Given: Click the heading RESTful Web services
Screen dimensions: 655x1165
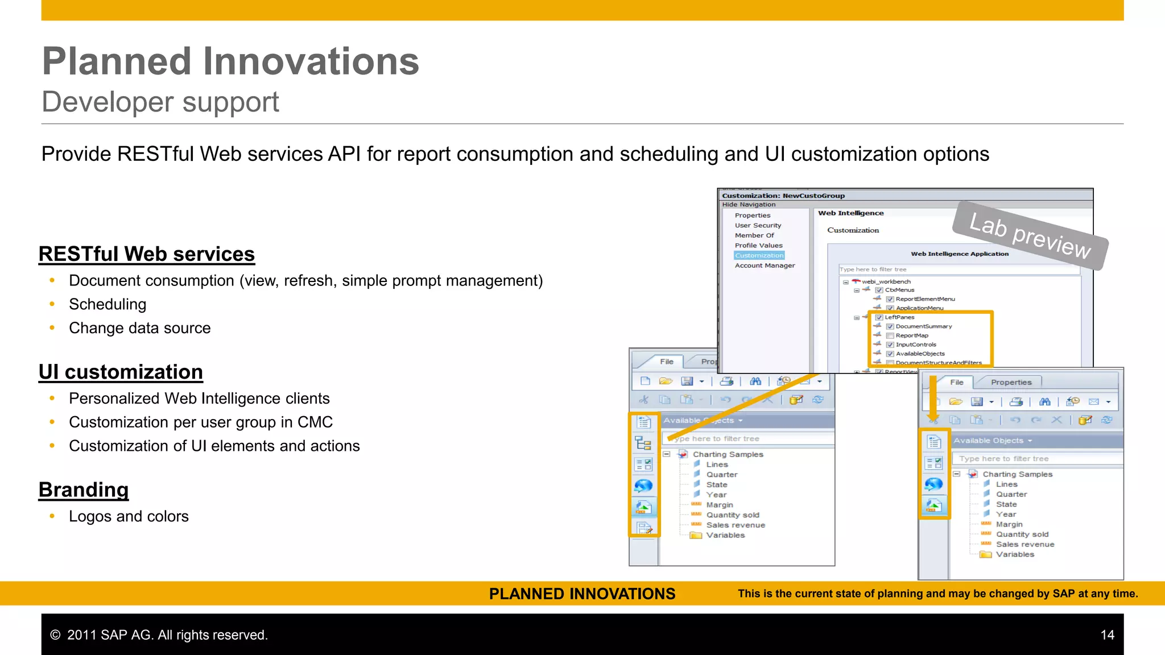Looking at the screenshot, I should [146, 254].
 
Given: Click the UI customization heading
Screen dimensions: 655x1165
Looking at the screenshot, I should [121, 372].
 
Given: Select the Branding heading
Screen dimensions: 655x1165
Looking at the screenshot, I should [84, 490].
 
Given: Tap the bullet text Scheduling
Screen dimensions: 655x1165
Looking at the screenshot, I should [108, 304].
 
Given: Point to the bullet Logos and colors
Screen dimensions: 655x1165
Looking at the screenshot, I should [129, 516].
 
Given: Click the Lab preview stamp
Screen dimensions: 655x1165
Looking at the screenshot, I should [1030, 235].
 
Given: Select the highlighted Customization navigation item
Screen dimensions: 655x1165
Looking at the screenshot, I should [759, 255].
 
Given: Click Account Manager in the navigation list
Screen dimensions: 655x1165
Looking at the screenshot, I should [765, 266].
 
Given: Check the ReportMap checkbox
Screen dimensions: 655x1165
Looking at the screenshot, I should [890, 335].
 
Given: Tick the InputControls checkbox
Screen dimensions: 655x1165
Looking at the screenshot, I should [890, 345].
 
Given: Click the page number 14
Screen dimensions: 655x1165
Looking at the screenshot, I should [1107, 635].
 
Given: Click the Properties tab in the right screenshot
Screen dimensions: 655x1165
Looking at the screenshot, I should [1011, 382].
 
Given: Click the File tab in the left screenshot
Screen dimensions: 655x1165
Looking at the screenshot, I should [667, 362].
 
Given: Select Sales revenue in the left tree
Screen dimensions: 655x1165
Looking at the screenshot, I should [735, 525].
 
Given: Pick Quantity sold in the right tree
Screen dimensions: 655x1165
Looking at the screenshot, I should [1022, 534].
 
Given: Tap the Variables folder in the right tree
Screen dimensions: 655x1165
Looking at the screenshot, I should [1014, 554].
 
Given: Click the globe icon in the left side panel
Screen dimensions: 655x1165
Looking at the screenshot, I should [643, 486].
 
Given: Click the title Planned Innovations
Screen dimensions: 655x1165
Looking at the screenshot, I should [230, 61].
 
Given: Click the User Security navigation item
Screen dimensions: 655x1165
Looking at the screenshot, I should [758, 225].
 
